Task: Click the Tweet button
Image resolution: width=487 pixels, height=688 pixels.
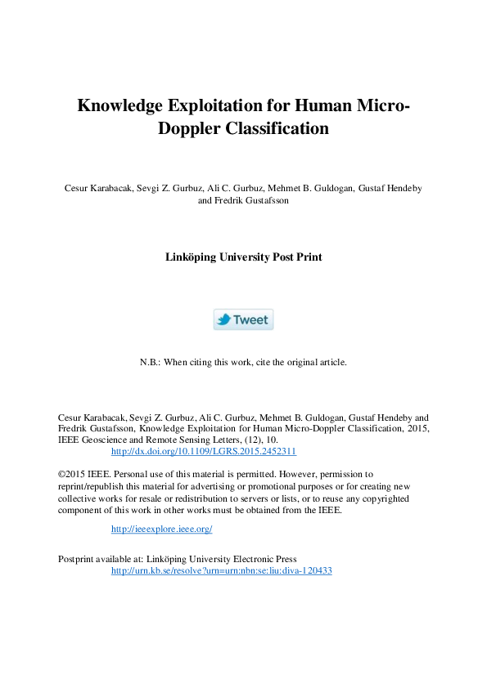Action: click(243, 319)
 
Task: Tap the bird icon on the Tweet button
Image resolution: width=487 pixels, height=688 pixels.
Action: click(223, 319)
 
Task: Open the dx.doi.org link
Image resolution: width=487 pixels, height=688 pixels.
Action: click(203, 451)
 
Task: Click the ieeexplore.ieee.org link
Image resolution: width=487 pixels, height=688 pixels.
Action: click(161, 529)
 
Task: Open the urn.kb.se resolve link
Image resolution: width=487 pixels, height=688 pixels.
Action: click(221, 571)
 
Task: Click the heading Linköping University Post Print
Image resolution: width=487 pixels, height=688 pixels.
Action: click(243, 257)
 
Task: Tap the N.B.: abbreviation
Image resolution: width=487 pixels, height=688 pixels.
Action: click(151, 362)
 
